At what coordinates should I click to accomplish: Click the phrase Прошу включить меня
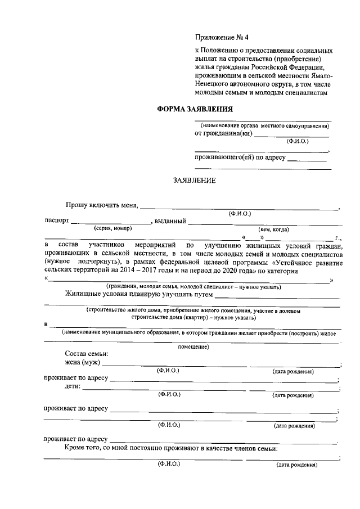coord(101,206)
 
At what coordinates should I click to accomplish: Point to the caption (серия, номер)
coord(112,228)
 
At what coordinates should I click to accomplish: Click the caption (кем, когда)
coord(273,229)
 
